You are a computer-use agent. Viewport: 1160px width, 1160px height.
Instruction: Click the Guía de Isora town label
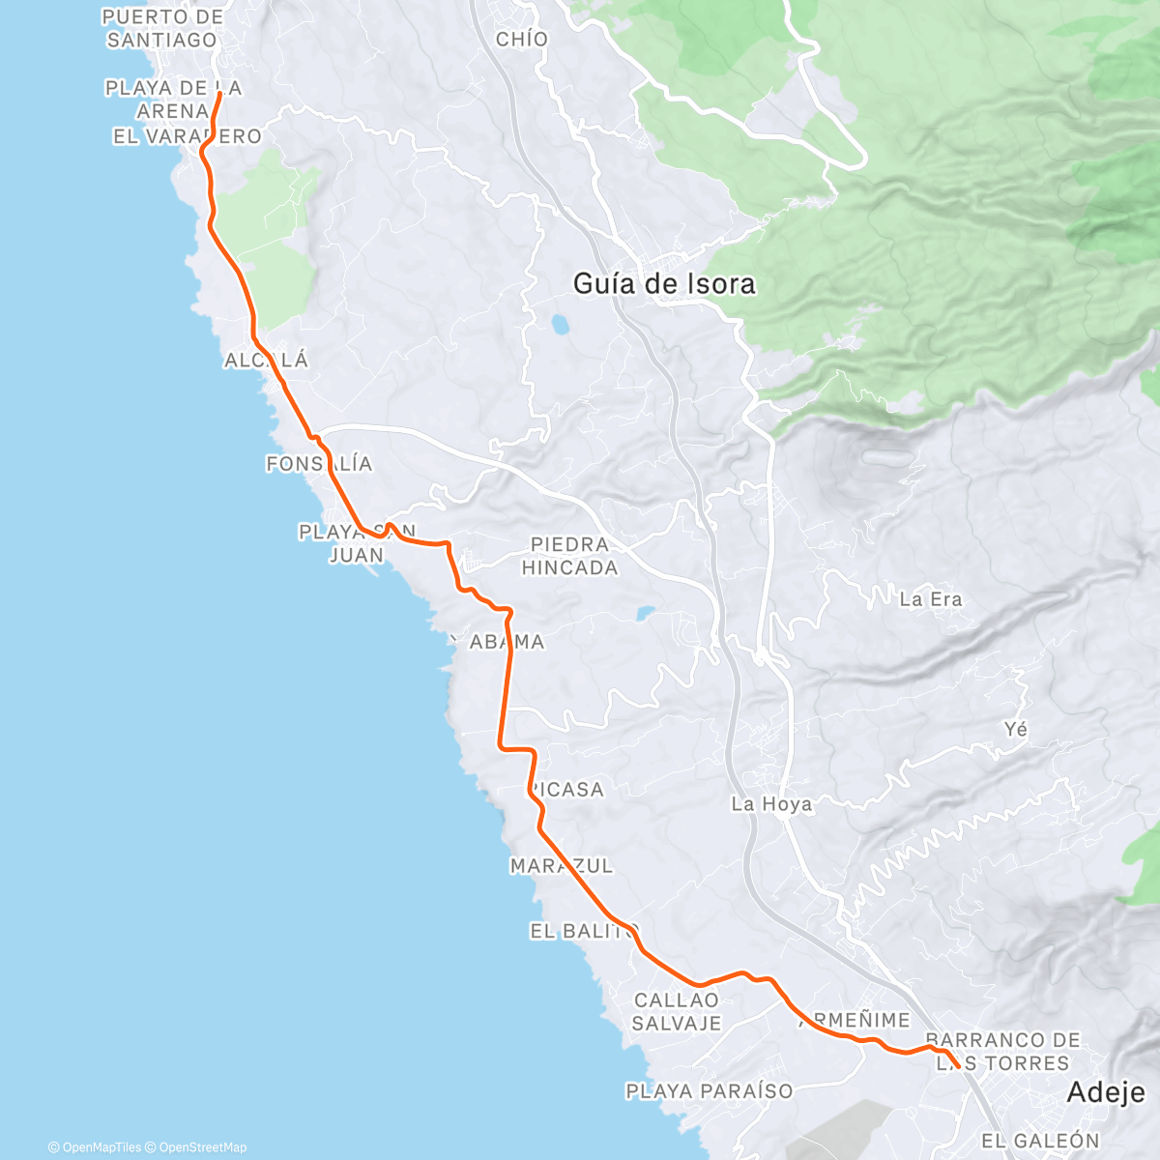pyautogui.click(x=664, y=284)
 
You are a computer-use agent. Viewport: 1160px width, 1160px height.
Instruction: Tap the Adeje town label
pyautogui.click(x=1106, y=1093)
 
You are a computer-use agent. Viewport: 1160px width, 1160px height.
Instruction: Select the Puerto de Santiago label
pyautogui.click(x=162, y=29)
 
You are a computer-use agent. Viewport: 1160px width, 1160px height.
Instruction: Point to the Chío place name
pyautogui.click(x=522, y=40)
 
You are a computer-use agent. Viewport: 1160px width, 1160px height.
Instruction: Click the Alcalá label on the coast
pyautogui.click(x=266, y=361)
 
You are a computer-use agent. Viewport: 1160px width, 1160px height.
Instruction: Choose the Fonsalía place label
pyautogui.click(x=319, y=464)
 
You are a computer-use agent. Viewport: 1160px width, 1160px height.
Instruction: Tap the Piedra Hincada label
pyautogui.click(x=570, y=556)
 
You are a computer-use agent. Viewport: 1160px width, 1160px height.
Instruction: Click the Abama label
pyautogui.click(x=507, y=642)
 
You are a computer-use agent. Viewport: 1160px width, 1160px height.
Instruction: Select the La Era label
pyautogui.click(x=931, y=599)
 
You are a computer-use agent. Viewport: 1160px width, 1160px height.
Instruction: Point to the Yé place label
pyautogui.click(x=1016, y=729)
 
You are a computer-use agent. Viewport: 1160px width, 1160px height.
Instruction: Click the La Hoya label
pyautogui.click(x=771, y=804)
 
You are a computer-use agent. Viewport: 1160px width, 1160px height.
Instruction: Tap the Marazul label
pyautogui.click(x=562, y=866)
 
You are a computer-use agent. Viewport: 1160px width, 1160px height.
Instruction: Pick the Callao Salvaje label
pyautogui.click(x=677, y=1011)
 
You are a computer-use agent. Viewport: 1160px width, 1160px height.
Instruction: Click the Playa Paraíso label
pyautogui.click(x=710, y=1091)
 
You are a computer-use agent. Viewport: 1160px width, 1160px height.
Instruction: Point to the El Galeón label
pyautogui.click(x=1040, y=1141)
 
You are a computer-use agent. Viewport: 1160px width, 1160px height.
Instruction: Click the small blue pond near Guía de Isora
pyautogui.click(x=559, y=323)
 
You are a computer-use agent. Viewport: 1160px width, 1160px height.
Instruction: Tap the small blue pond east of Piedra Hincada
pyautogui.click(x=645, y=613)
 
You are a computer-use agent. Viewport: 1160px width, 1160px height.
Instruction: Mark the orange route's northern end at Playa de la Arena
pyautogui.click(x=220, y=94)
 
